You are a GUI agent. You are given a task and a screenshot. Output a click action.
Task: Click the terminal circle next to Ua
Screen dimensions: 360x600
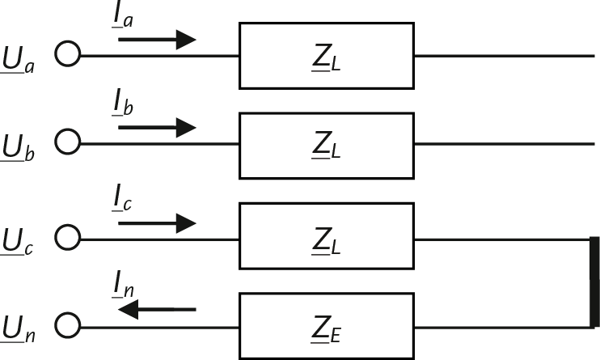[69, 55]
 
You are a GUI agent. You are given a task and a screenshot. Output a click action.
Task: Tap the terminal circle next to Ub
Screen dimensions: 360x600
[69, 143]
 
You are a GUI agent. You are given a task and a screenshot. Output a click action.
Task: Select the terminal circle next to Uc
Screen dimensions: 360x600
[69, 239]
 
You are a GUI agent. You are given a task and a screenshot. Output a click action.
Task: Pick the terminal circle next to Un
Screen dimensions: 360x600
[69, 326]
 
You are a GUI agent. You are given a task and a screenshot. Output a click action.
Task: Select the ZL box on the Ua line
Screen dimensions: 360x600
[327, 56]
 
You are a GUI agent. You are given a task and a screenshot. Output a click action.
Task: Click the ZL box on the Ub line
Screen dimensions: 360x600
[327, 144]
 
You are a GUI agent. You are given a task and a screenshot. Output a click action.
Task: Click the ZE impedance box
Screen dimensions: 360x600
[327, 326]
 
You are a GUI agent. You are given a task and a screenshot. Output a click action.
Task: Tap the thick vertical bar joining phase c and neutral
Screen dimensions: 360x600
[594, 282]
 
